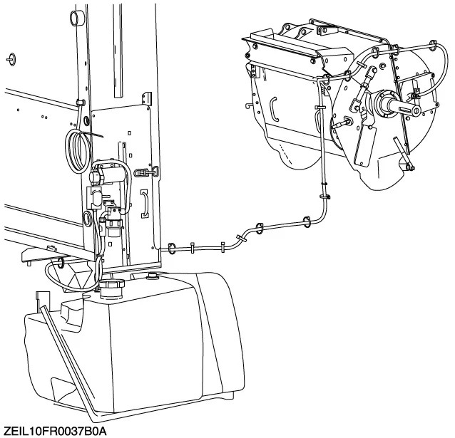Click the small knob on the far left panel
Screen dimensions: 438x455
tap(13, 58)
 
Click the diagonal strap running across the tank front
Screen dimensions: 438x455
tap(68, 356)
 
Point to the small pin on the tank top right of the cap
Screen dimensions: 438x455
tap(151, 276)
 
